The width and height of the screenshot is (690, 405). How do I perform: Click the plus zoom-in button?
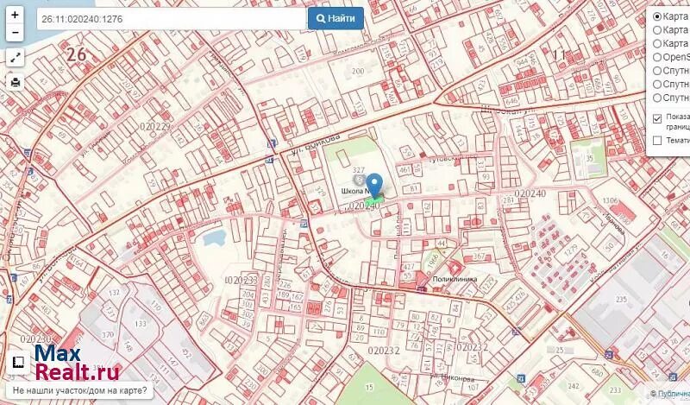(15, 16)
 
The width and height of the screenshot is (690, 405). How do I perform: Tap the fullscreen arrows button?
(15, 58)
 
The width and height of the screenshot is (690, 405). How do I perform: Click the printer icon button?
(15, 82)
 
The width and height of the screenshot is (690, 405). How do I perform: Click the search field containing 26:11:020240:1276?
(170, 18)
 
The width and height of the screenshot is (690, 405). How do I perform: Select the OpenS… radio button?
(657, 57)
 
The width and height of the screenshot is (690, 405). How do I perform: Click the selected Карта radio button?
(657, 16)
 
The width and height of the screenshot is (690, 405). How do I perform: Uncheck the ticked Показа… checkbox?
(657, 118)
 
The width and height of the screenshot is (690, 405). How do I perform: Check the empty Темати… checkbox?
(657, 140)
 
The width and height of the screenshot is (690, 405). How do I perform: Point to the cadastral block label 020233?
(241, 280)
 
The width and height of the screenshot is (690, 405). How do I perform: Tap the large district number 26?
(77, 54)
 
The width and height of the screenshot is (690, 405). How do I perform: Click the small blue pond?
(210, 237)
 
